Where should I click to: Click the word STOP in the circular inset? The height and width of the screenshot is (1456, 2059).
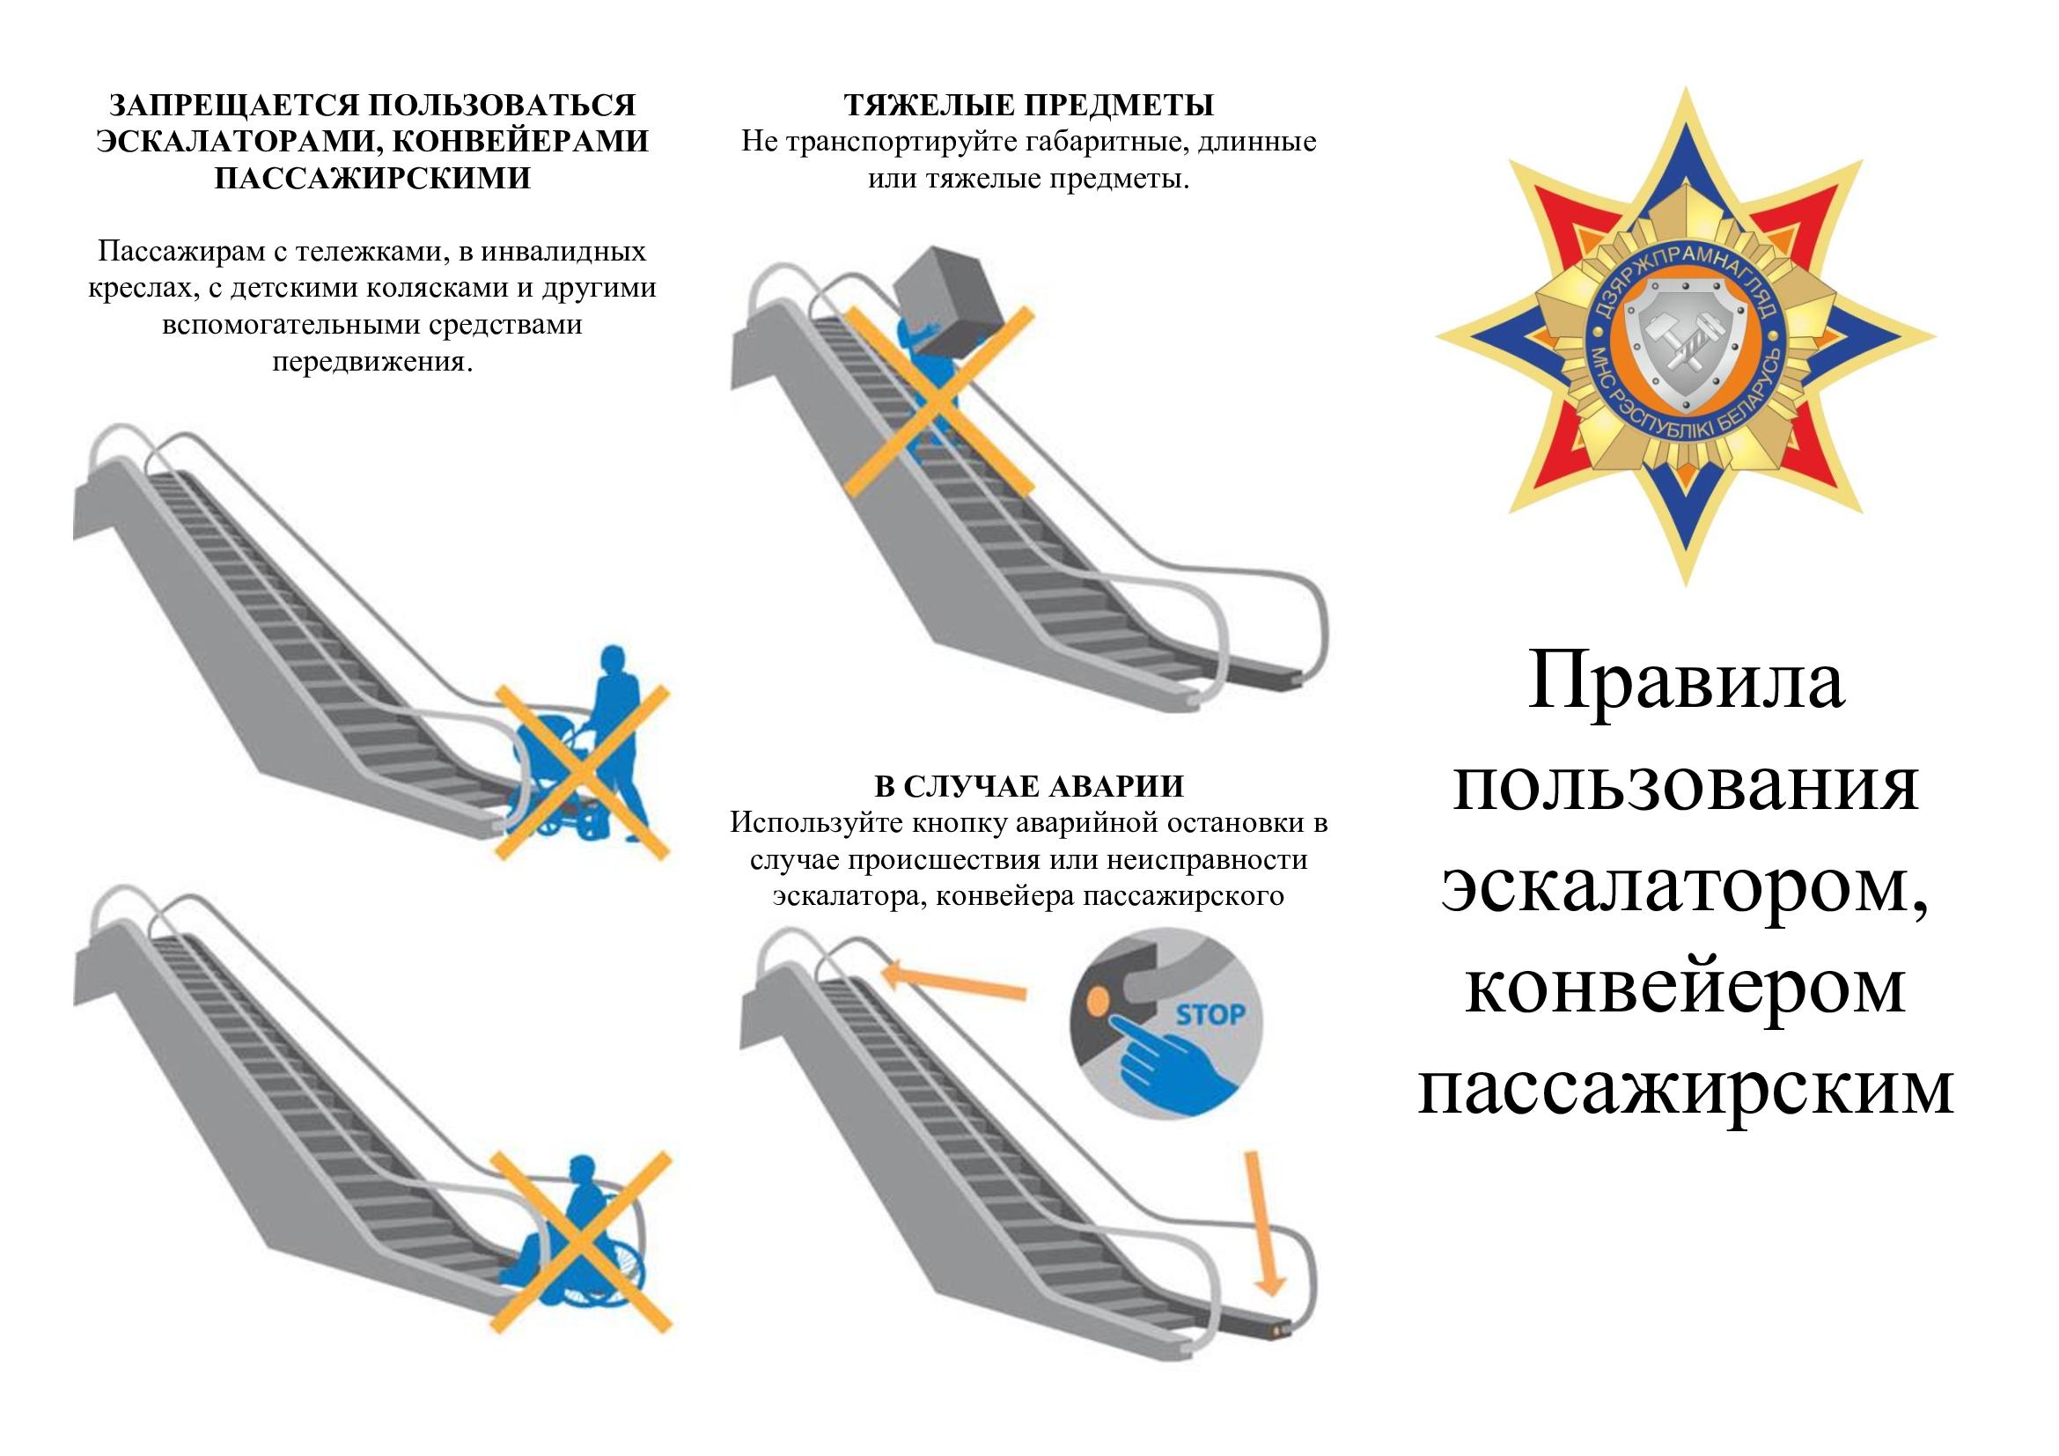click(x=1210, y=1015)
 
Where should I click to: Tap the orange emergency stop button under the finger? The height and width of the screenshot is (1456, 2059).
click(x=1098, y=999)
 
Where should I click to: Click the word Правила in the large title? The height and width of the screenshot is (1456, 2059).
click(x=1685, y=680)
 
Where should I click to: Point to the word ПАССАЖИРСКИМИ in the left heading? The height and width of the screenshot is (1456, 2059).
click(x=372, y=178)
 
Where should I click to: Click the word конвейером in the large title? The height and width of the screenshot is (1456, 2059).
click(x=1685, y=986)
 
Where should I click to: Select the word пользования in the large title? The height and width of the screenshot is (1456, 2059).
click(x=1685, y=783)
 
